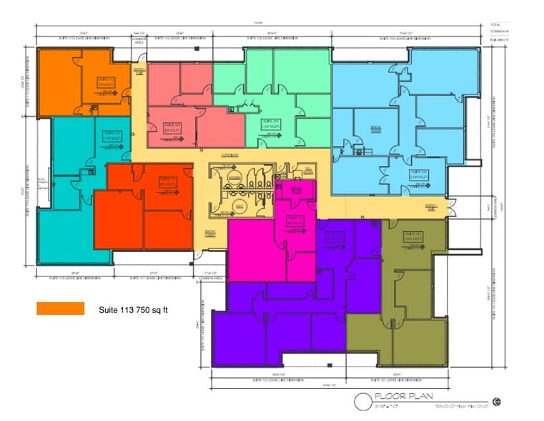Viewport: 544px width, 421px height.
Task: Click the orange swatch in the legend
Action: point(61,309)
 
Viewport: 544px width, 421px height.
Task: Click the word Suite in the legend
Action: point(109,309)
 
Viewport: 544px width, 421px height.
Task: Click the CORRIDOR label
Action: point(229,155)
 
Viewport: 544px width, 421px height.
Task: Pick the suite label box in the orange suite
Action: point(107,83)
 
